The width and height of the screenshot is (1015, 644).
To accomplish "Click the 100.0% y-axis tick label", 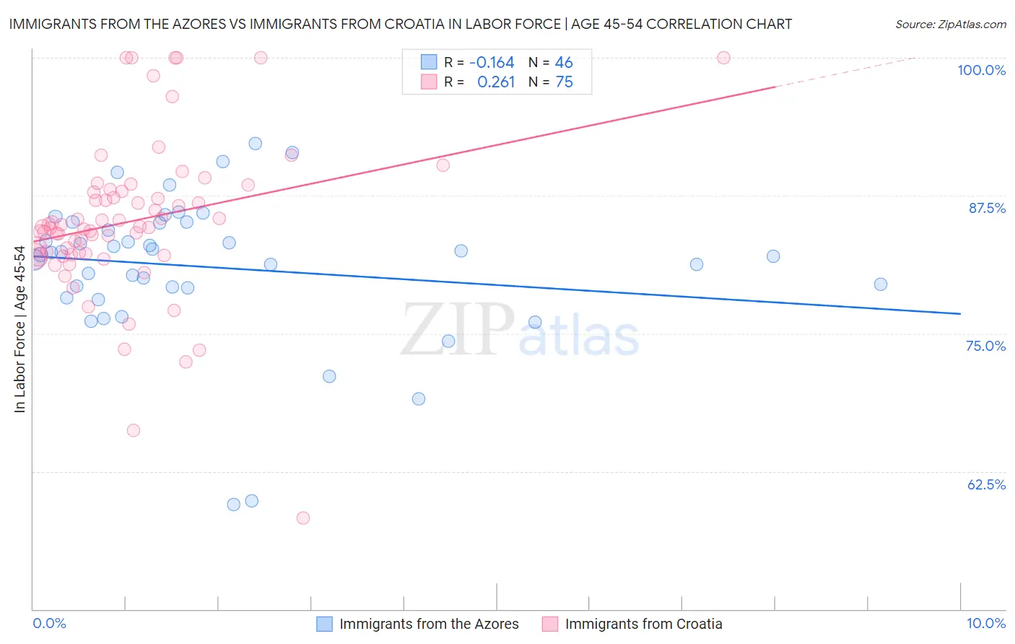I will (x=981, y=70).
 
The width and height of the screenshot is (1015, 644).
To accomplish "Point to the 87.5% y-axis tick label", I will (x=987, y=208).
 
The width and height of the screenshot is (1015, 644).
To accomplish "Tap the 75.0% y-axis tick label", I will (x=985, y=346).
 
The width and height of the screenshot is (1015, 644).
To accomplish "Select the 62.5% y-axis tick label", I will (x=986, y=484).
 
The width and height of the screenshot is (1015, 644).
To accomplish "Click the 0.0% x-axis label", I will (x=49, y=623).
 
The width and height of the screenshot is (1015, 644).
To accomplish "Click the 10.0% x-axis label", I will (x=986, y=623).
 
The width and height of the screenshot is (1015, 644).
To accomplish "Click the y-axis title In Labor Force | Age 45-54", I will (x=19, y=329).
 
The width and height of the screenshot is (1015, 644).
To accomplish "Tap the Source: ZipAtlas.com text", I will (x=950, y=25).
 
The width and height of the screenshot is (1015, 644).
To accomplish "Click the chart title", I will (x=400, y=25).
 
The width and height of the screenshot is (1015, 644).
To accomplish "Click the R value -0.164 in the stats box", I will (x=492, y=63).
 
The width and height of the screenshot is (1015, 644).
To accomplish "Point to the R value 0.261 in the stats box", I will (x=496, y=82).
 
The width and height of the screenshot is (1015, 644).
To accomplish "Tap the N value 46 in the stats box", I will (x=564, y=63).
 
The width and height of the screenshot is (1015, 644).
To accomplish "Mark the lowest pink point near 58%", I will (x=303, y=518).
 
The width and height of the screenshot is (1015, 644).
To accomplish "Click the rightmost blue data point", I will (x=881, y=284).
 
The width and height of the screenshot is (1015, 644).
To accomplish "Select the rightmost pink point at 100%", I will (x=723, y=58).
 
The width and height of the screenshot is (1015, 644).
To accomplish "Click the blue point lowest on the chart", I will (x=234, y=505).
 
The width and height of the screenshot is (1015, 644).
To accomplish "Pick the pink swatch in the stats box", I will (x=429, y=82).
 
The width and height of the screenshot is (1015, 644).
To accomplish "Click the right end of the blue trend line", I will (x=960, y=313).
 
